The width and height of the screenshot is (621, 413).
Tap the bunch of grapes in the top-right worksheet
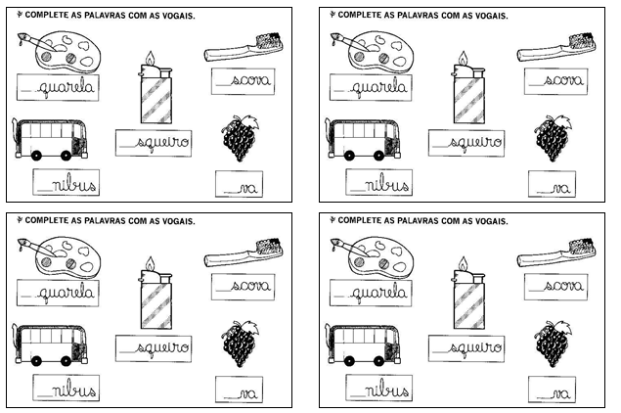[550, 140]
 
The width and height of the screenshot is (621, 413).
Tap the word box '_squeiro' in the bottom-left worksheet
[154, 346]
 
